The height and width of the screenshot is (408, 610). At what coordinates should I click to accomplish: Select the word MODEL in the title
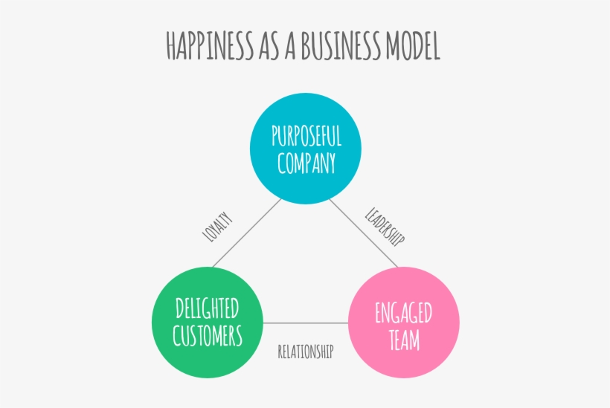click(x=411, y=46)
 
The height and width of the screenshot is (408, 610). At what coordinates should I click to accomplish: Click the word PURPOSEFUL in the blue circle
click(x=306, y=137)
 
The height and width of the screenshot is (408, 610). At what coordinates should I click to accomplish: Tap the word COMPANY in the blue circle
click(x=306, y=163)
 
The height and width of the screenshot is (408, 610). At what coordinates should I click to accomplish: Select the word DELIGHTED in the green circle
click(x=208, y=309)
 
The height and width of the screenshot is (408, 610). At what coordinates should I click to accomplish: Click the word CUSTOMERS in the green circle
click(x=208, y=336)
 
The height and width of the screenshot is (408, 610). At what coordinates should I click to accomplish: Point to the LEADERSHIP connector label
click(x=385, y=227)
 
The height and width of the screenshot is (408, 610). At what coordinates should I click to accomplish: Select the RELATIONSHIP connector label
click(x=305, y=352)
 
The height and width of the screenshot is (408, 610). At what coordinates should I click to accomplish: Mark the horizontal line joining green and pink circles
click(x=305, y=323)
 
